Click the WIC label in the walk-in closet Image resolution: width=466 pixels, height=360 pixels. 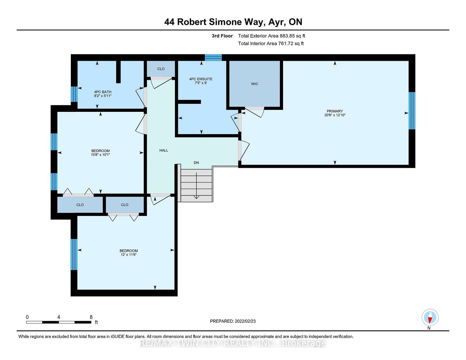[x=254, y=84]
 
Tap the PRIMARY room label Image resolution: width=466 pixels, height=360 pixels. [x=335, y=111]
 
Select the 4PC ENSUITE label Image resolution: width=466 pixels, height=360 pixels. [x=201, y=79]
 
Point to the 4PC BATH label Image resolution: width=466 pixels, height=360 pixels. [x=103, y=92]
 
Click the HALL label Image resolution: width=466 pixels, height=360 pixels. [x=164, y=150]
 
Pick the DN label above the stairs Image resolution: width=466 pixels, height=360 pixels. [x=196, y=162]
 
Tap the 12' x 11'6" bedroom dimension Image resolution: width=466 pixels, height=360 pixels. [x=129, y=254]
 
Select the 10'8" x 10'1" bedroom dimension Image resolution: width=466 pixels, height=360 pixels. [x=100, y=154]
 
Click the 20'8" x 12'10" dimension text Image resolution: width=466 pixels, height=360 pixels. [x=335, y=115]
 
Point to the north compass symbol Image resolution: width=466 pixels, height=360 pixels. [x=430, y=317]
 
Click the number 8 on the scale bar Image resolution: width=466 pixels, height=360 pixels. [x=91, y=317]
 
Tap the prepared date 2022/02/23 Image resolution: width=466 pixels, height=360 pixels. [x=245, y=321]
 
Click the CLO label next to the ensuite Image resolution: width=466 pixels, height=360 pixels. [x=161, y=69]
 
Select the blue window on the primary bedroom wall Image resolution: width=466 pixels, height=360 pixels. [x=412, y=111]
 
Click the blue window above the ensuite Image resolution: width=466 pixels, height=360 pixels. [x=213, y=58]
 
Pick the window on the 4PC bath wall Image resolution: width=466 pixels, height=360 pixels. [x=74, y=94]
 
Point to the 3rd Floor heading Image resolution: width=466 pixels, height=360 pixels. [x=222, y=36]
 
